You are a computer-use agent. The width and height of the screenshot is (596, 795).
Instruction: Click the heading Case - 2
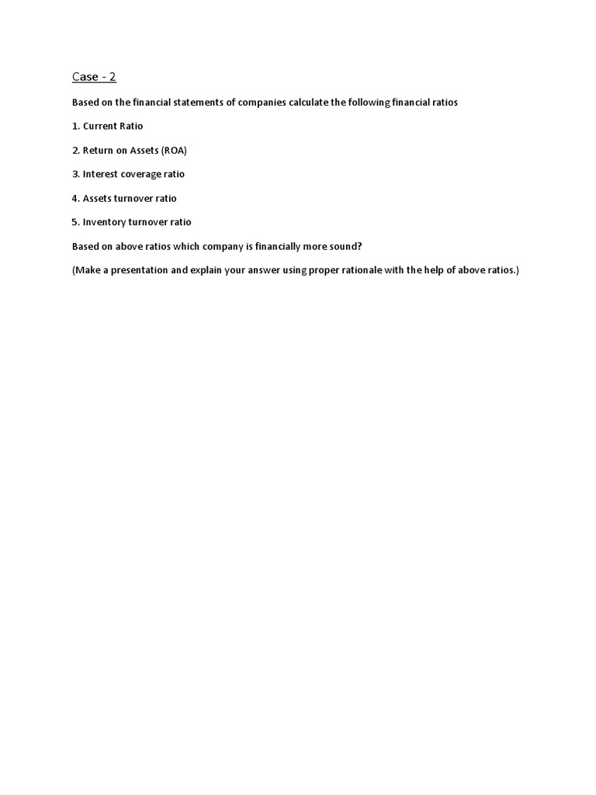(x=94, y=77)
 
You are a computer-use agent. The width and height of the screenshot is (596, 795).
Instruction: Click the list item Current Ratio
(x=113, y=126)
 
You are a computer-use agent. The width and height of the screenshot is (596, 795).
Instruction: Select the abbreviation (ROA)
(x=174, y=151)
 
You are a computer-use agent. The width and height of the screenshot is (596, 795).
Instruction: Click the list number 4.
(x=74, y=198)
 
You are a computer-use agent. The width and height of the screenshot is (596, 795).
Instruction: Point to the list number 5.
(x=74, y=222)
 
